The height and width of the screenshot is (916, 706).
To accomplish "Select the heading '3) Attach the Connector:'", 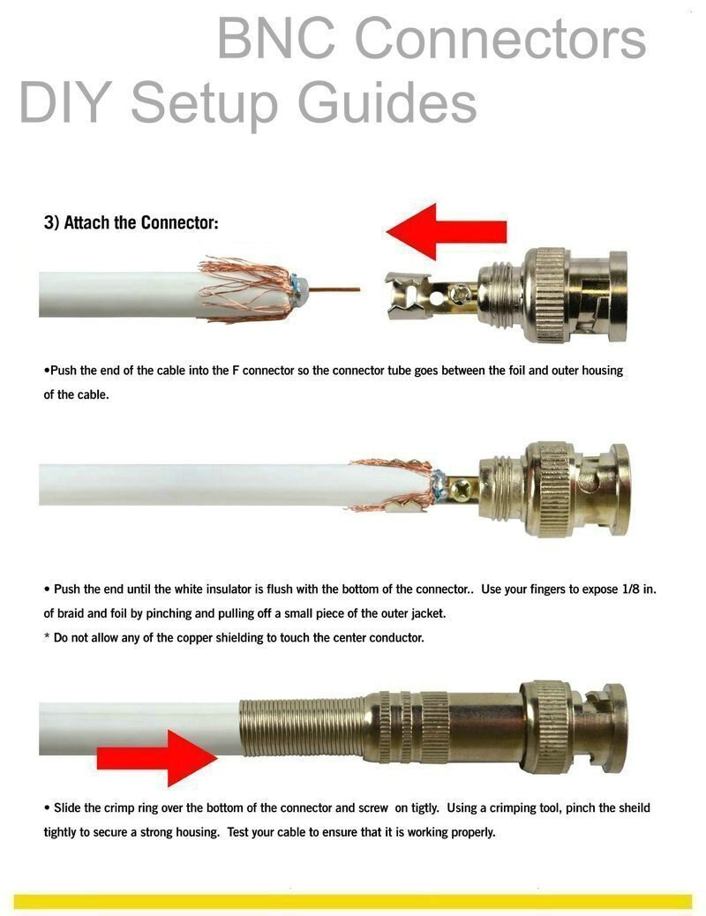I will tap(131, 222).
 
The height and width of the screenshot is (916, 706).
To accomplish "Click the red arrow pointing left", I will tap(446, 231).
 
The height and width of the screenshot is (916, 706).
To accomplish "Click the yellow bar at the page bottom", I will tap(353, 901).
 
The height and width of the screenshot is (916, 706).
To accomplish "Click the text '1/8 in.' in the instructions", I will tap(635, 589).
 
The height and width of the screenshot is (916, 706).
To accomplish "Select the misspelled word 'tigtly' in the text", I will tap(433, 807).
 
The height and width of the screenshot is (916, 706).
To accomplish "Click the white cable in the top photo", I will tap(115, 294).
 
